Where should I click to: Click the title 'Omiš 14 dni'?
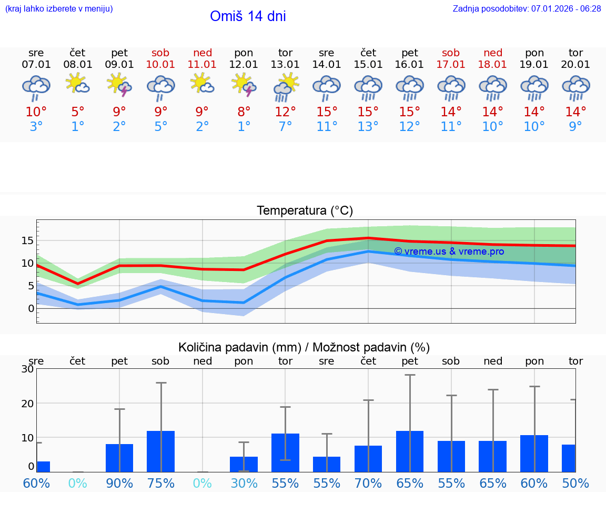(248, 16)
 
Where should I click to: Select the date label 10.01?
(161, 65)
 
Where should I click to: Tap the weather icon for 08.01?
(78, 84)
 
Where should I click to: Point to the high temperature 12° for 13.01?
(286, 112)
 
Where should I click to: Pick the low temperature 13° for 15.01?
(368, 127)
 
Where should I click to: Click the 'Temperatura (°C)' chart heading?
(305, 211)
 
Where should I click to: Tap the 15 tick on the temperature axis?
(27, 240)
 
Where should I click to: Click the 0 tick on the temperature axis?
(31, 308)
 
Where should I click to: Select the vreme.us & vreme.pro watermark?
(449, 252)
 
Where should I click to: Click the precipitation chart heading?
(304, 347)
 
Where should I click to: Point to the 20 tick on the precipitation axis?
(27, 404)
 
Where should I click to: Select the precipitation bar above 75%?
(161, 451)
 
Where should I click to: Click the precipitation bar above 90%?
(119, 458)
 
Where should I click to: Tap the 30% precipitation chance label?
(244, 484)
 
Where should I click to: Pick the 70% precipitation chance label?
(368, 484)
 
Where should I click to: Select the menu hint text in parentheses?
(59, 9)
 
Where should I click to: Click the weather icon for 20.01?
(575, 88)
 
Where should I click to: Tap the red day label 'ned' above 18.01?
(493, 53)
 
